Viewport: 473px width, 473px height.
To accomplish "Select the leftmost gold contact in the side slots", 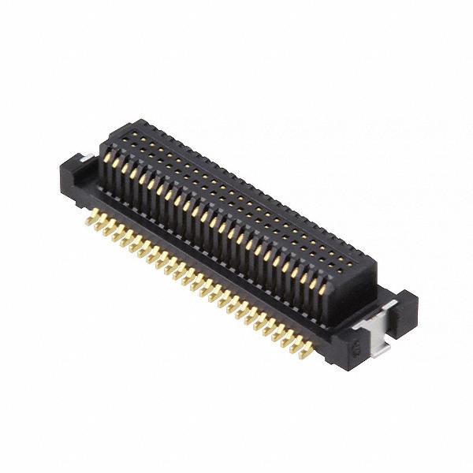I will point(106,164).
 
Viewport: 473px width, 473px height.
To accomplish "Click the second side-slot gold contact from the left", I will point(114,168).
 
